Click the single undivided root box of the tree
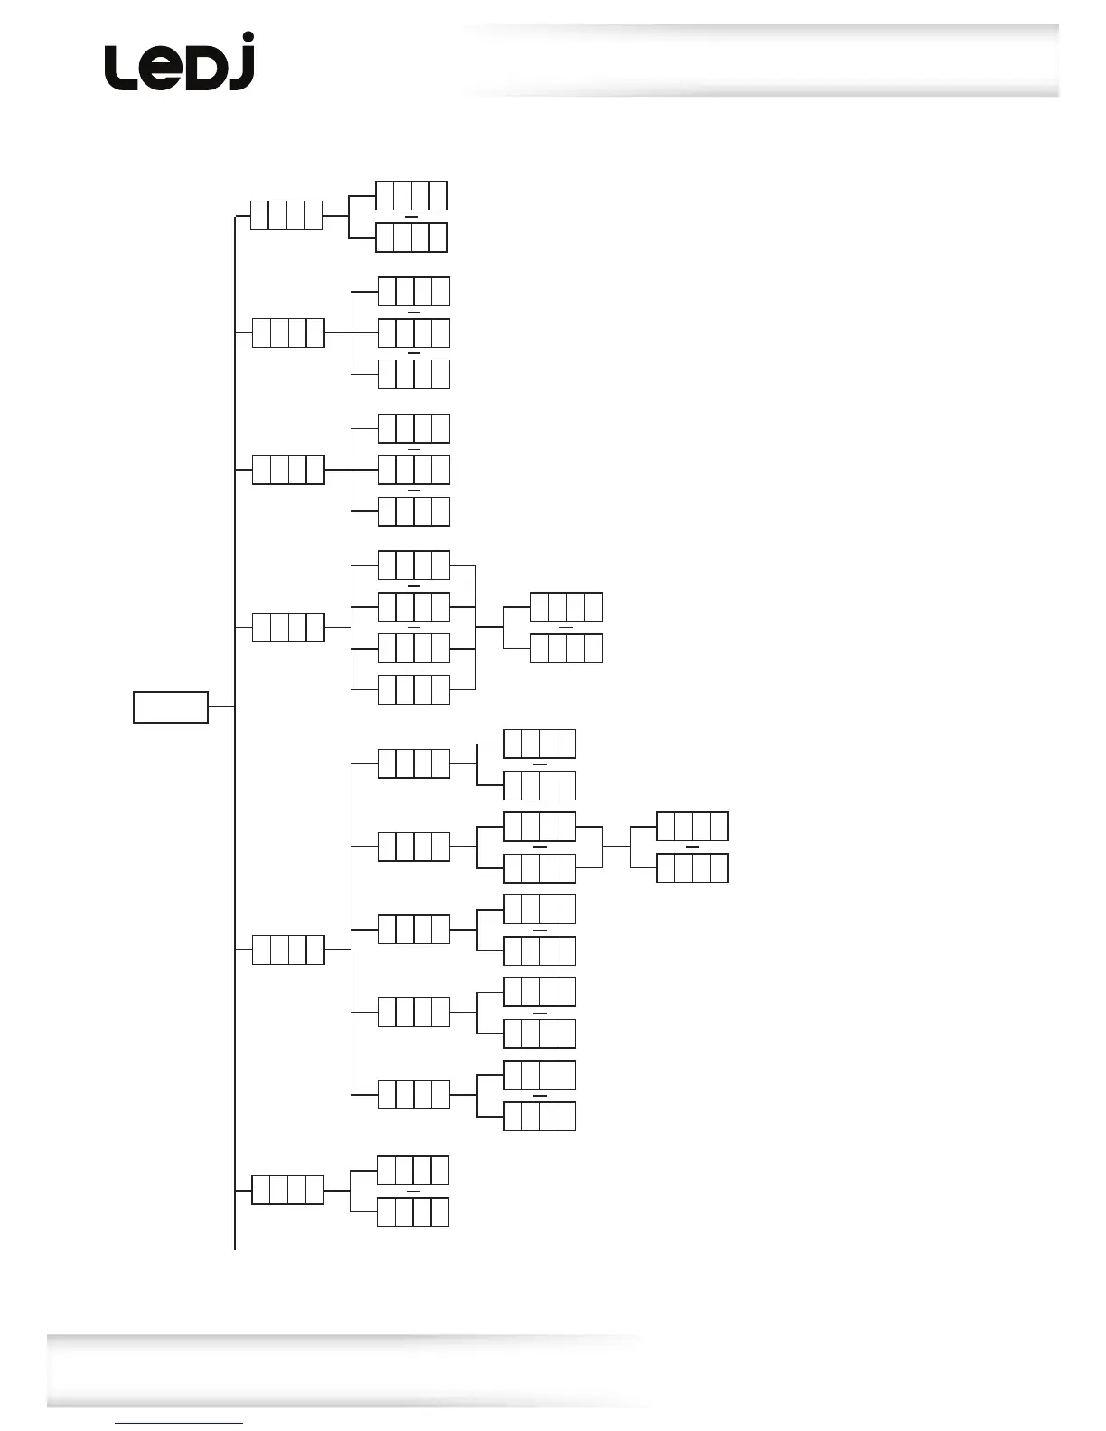171,707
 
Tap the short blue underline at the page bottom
179,1424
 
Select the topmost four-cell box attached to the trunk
286,216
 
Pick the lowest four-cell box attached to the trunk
287,1190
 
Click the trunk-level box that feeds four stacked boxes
288,627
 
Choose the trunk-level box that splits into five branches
288,949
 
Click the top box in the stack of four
413,565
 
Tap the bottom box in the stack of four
413,689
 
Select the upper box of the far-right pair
692,827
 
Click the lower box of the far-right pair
692,868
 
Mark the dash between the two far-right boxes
692,848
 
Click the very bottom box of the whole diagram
413,1211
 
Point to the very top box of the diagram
411,196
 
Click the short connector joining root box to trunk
221,707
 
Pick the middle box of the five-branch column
413,929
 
